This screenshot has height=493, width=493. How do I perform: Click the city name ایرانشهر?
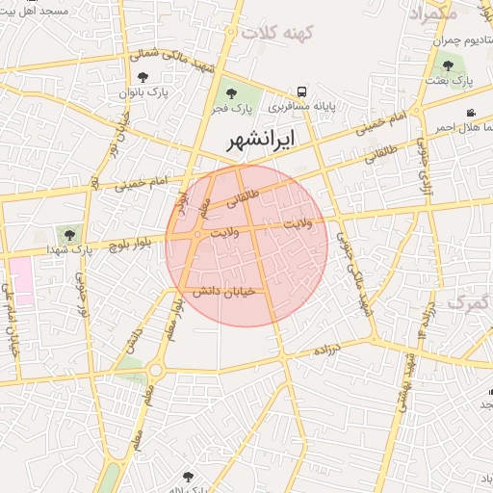point(261,141)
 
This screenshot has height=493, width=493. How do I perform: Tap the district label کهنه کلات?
point(279,34)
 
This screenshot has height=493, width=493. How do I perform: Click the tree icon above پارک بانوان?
point(143,77)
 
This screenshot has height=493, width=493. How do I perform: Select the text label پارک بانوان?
point(143,93)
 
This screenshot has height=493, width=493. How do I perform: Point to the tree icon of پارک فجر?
point(230,93)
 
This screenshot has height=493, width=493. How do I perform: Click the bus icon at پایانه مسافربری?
point(303,91)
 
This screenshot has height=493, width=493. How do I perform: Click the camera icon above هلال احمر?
point(470,113)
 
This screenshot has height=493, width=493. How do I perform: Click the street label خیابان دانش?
point(222,291)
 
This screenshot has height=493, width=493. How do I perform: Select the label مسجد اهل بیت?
point(35,9)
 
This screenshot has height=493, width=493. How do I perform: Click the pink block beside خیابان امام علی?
point(20,282)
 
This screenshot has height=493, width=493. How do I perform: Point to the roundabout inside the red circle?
point(197,235)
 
